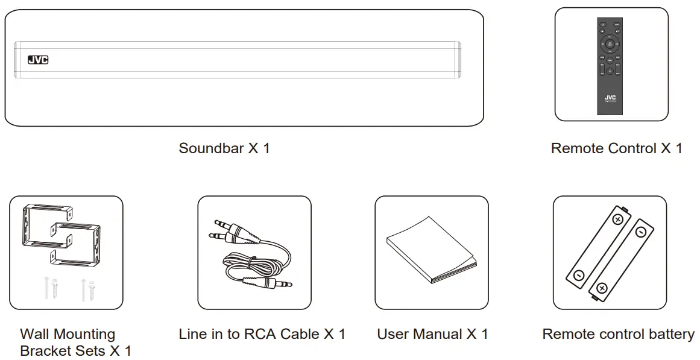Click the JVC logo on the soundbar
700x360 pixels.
tap(38, 60)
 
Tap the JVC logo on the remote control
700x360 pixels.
tap(610, 98)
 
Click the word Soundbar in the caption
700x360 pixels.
tap(210, 148)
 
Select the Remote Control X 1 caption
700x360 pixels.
tap(616, 148)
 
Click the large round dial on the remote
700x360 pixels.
tap(610, 43)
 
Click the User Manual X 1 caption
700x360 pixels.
tap(432, 334)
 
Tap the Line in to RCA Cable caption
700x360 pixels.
tap(262, 334)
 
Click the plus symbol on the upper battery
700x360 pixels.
tap(617, 219)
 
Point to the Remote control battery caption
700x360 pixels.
tap(618, 334)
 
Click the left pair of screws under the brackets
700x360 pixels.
tap(50, 288)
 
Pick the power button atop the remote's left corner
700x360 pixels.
tap(602, 25)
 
